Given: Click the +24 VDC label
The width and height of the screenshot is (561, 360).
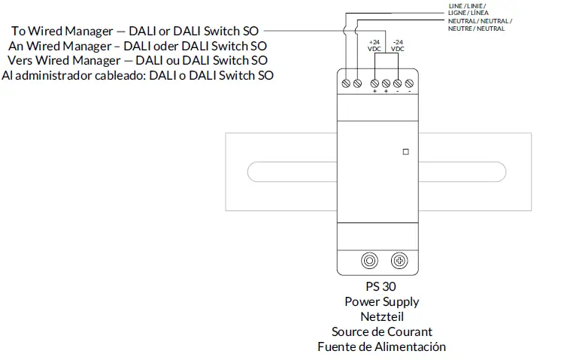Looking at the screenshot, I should coord(375,44).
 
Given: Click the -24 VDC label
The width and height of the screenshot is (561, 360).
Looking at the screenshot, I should coord(398,44).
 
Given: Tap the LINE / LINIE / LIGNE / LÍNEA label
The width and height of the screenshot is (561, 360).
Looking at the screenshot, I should coord(468,9).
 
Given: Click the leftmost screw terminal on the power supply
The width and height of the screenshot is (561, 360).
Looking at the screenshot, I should coord(346,82).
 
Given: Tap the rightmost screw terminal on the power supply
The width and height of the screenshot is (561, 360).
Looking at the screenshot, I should coord(409,82).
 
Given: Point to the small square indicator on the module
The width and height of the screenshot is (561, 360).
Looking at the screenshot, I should coord(406,151).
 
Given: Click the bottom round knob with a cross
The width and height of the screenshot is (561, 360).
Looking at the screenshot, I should coord(400,261).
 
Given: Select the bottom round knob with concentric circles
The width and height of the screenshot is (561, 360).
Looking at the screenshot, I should coord(369,261).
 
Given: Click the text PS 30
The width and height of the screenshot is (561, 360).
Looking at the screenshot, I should coord(381,287).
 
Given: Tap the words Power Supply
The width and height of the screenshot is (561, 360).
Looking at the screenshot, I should coord(381,302).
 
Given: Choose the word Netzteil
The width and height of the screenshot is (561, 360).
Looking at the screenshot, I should coord(381,317).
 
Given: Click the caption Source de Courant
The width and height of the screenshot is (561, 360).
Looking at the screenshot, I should coord(381,331).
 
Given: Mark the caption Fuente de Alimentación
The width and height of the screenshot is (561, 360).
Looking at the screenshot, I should coord(381,346).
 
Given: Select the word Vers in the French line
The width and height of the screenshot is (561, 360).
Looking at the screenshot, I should coord(30,60).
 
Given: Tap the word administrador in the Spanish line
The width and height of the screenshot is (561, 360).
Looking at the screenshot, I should coord(46,75).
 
